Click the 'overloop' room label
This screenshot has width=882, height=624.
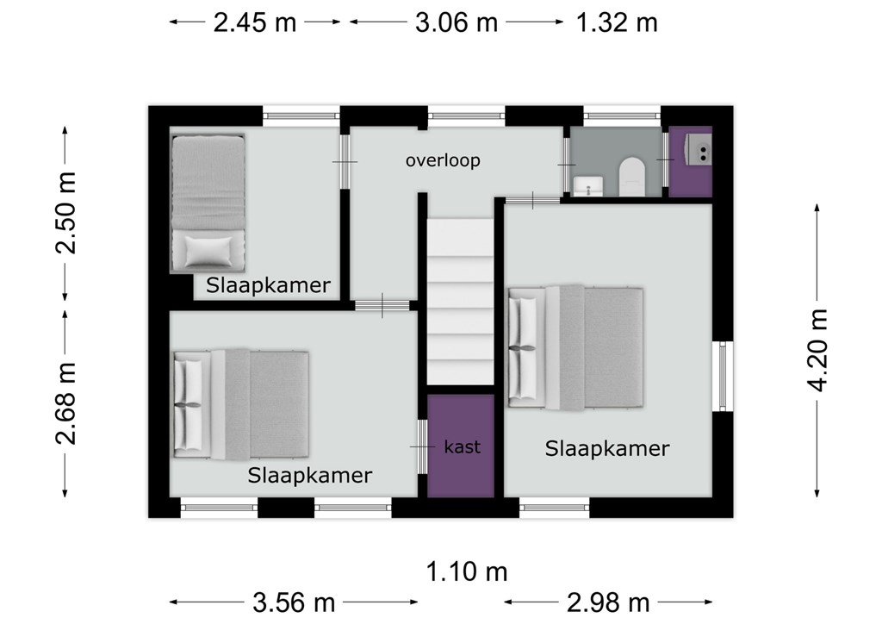coord(443,161)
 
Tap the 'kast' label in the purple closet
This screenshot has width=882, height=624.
coord(463,446)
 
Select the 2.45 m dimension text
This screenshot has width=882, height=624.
coord(255,23)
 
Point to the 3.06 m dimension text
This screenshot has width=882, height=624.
coord(457,23)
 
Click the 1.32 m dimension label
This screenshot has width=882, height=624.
coord(617,23)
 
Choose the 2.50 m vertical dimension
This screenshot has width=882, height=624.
coord(65,213)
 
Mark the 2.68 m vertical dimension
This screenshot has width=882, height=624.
coord(65,403)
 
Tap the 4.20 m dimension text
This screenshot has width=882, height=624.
coord(817,350)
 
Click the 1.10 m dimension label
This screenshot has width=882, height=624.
coord(467,572)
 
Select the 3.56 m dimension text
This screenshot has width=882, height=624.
coord(295,602)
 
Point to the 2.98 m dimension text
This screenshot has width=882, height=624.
coord(608,602)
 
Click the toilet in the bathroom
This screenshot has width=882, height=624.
coord(632,176)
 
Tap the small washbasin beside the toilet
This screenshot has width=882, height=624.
coord(587,186)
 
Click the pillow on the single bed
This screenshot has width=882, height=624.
coord(208,251)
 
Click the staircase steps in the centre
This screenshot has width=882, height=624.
coord(460,302)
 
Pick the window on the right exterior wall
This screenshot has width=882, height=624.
coord(723,376)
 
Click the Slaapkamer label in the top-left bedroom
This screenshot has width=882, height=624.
coord(268,285)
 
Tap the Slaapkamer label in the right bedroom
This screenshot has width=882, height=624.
coord(607,448)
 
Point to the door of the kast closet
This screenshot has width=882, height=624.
coord(422,446)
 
